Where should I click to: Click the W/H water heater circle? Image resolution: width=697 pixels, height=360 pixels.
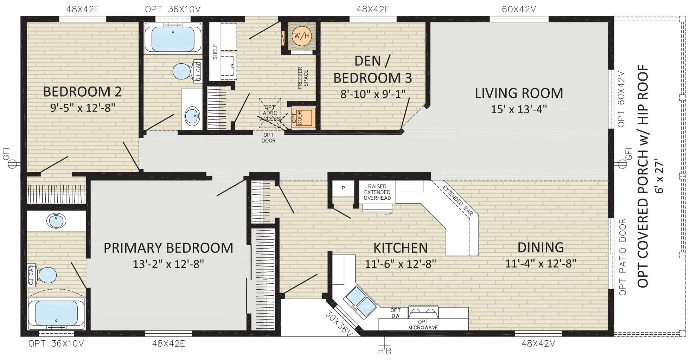pyautogui.click(x=301, y=36)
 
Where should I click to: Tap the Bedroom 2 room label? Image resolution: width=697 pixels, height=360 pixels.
pyautogui.click(x=82, y=92)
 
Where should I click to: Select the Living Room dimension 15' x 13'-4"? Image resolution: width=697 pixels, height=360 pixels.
pyautogui.click(x=519, y=109)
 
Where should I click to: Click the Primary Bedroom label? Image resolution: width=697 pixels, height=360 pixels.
pyautogui.click(x=168, y=248)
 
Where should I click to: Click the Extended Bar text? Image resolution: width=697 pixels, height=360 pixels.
pyautogui.click(x=458, y=200)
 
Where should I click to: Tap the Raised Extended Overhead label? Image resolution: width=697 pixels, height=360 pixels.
pyautogui.click(x=377, y=192)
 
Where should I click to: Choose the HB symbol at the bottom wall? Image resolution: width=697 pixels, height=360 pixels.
pyautogui.click(x=384, y=347)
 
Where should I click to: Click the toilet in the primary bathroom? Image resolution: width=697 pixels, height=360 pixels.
pyautogui.click(x=46, y=275)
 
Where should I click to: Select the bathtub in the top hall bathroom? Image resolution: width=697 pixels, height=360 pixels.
pyautogui.click(x=173, y=39)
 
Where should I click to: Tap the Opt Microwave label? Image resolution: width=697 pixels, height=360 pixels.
pyautogui.click(x=423, y=324)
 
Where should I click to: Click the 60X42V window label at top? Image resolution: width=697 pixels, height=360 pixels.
pyautogui.click(x=519, y=9)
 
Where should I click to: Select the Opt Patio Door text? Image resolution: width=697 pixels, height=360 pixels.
pyautogui.click(x=622, y=257)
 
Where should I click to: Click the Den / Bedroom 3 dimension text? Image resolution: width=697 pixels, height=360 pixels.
pyautogui.click(x=373, y=94)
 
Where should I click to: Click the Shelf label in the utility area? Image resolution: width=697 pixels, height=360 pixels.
pyautogui.click(x=215, y=52)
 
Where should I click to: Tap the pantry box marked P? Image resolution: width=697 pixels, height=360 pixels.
pyautogui.click(x=343, y=188)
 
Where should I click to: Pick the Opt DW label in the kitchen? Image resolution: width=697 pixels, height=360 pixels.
pyautogui.click(x=396, y=313)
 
